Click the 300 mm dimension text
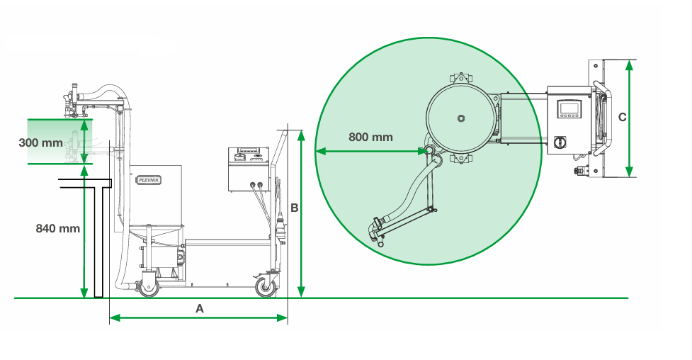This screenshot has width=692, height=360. point(40,142)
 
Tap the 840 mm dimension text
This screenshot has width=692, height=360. point(57,228)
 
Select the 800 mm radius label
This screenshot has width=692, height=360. point(370,137)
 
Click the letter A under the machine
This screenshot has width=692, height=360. point(199,309)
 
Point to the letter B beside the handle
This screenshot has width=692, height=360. point(295,207)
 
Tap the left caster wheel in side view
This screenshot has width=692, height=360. point(149,286)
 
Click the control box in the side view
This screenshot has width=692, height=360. point(249,170)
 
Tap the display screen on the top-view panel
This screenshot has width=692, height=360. point(569,108)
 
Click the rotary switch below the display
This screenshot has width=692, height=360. point(561,142)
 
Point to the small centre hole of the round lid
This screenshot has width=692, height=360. point(460,118)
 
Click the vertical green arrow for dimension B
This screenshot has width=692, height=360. point(302,213)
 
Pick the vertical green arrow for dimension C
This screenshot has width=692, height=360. point(629,118)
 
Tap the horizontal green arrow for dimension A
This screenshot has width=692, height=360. point(199,318)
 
